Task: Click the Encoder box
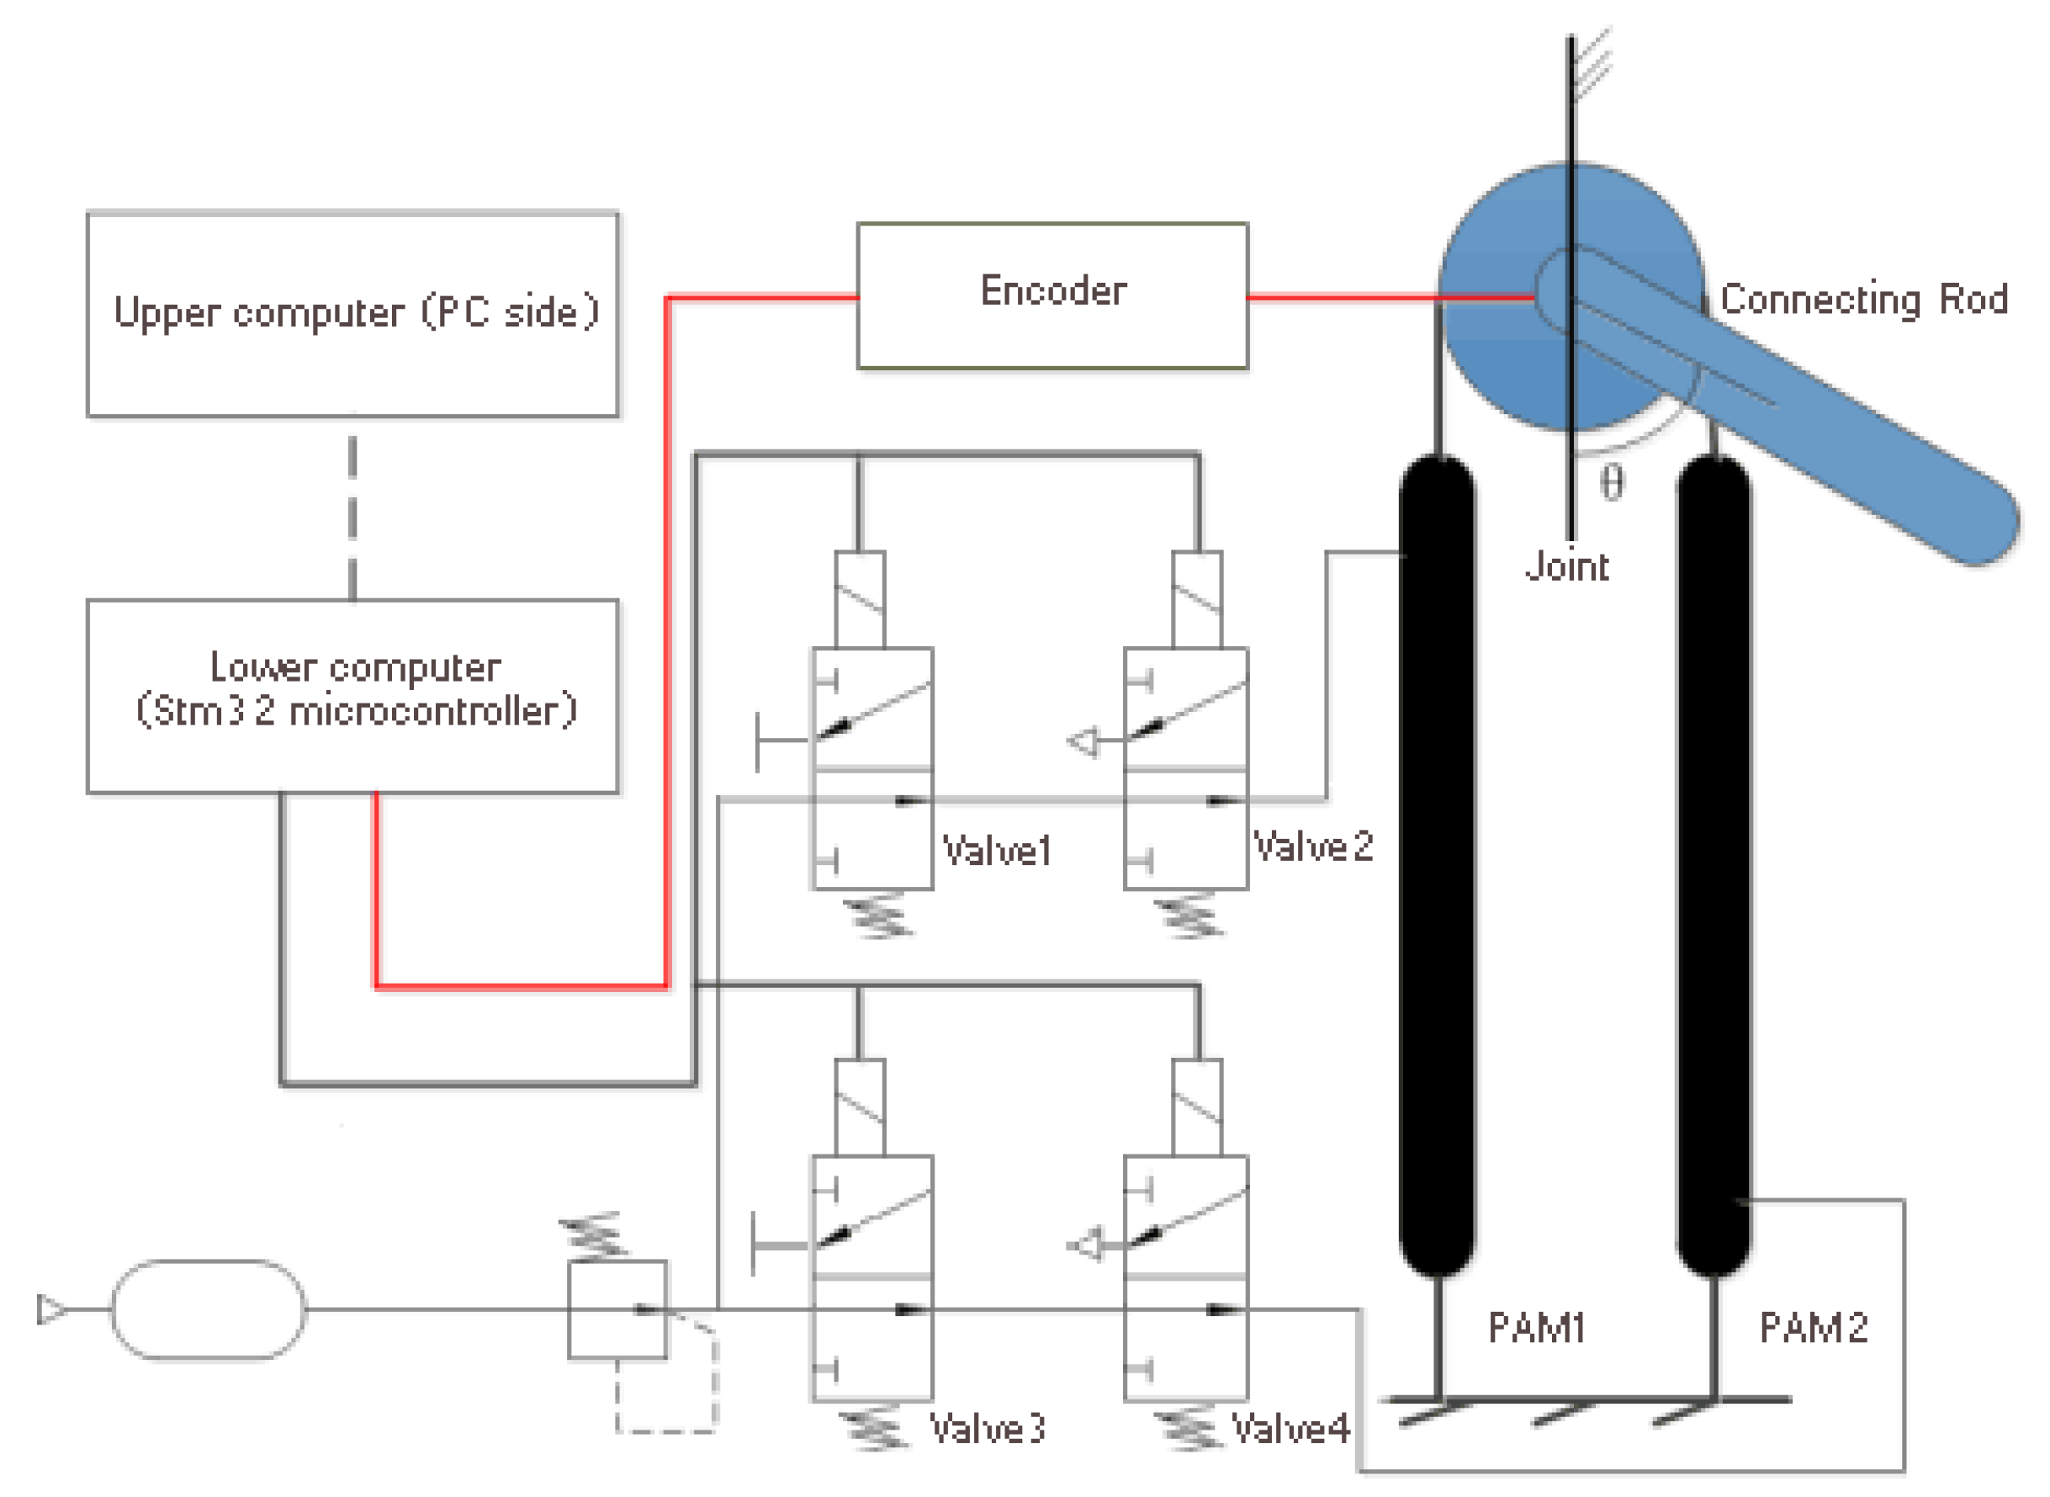1051,295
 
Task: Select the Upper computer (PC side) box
352,315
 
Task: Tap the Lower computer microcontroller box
352,695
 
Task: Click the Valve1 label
997,851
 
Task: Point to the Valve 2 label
1312,847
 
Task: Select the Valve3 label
988,1429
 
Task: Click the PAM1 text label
1536,1329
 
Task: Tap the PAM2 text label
1813,1329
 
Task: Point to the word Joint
1567,566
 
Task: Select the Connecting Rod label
1863,299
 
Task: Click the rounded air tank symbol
209,1309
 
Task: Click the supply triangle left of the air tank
50,1309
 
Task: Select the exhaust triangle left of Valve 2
1083,742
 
